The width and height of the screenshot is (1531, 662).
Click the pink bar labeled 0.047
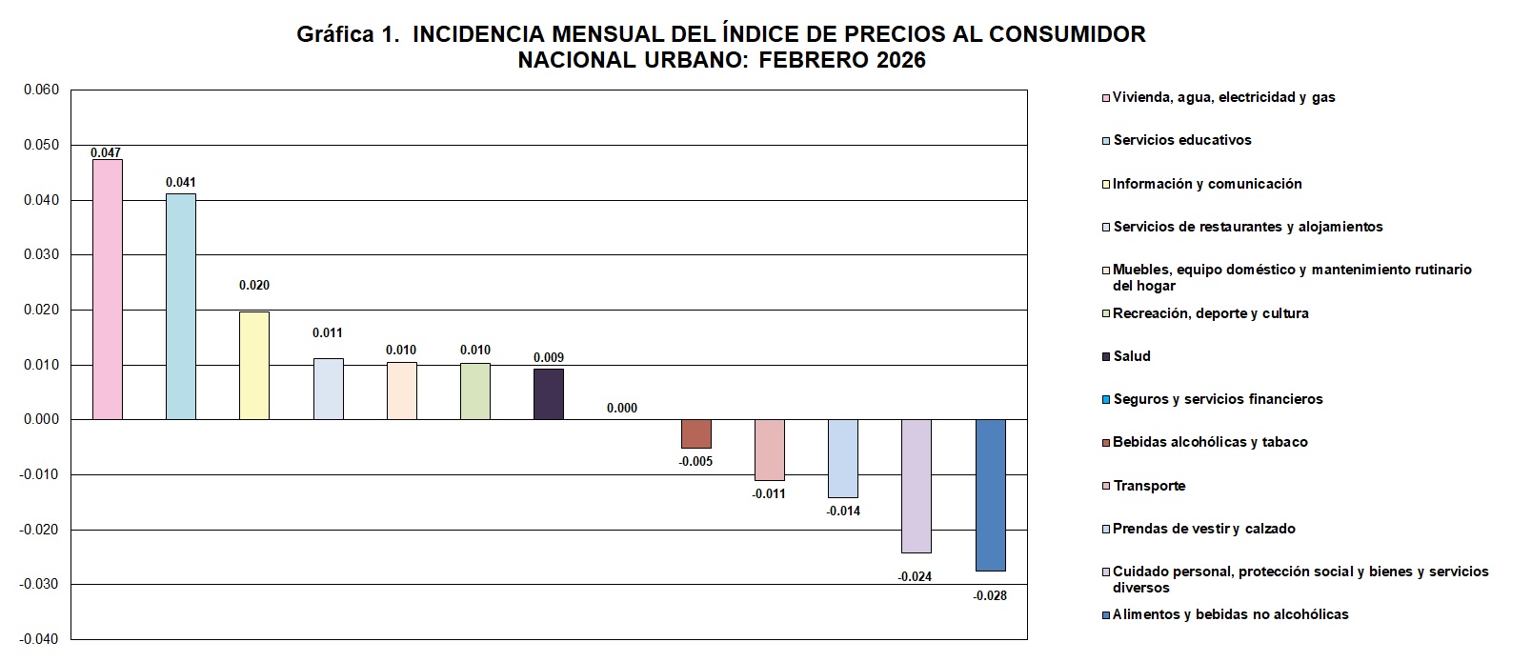point(108,289)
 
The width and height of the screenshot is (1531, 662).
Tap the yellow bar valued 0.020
point(254,365)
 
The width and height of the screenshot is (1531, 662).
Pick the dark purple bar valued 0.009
point(549,393)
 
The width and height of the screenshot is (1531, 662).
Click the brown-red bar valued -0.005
point(695,433)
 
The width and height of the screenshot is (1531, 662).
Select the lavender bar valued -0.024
point(917,486)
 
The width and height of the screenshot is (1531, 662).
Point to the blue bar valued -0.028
point(991,494)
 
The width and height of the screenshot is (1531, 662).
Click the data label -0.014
point(843,512)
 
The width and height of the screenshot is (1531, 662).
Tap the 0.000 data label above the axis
point(622,409)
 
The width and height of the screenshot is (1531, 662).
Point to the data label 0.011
point(328,333)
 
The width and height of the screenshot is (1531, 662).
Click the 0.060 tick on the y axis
point(41,90)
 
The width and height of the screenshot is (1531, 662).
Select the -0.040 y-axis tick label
point(39,639)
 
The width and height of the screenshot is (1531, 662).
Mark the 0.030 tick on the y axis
point(41,255)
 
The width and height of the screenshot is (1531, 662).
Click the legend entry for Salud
point(1132,356)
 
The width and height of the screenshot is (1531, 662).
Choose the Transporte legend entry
point(1149,486)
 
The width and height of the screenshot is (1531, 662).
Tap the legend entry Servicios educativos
point(1181,140)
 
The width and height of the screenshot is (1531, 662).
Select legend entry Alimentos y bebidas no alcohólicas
point(1230,614)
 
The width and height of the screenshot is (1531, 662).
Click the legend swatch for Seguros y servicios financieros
point(1106,400)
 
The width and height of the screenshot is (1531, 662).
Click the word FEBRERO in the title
point(817,60)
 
